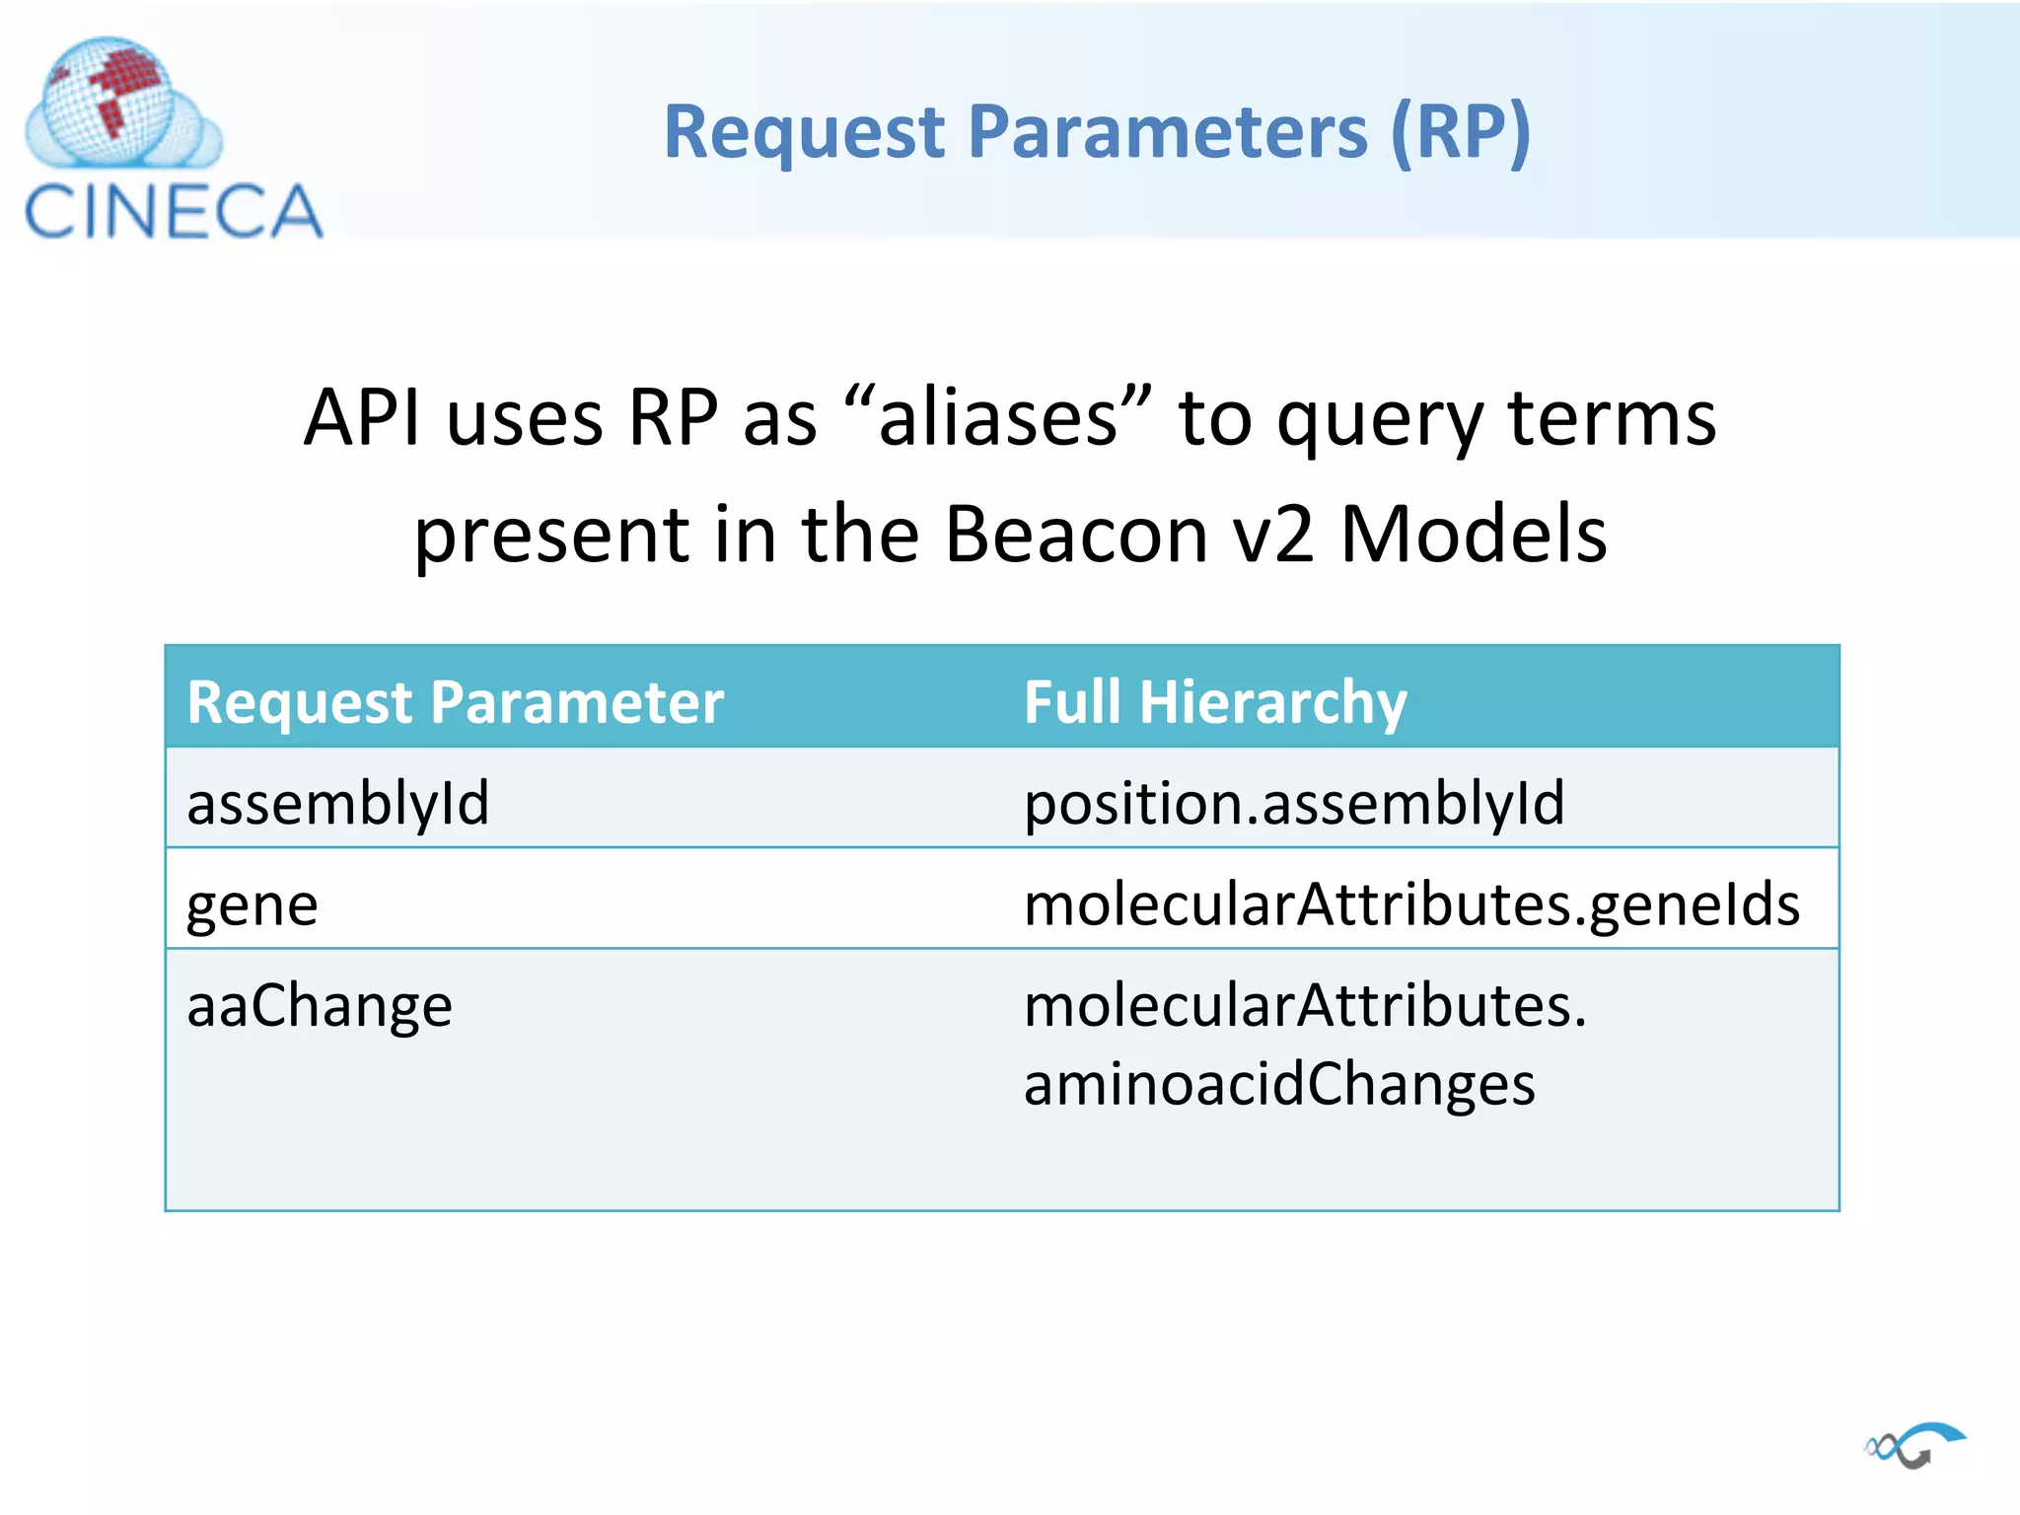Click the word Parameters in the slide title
coord(1168,132)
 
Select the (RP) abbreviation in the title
coord(1460,132)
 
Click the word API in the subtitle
coord(362,418)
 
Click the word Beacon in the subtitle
coord(1076,535)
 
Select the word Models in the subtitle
coord(1474,535)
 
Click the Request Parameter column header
coord(456,702)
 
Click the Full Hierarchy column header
coord(1215,702)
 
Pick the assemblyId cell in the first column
coord(338,802)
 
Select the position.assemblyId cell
coord(1294,802)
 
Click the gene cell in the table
coord(252,904)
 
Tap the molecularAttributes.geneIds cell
coord(1411,904)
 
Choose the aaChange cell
coord(320,1006)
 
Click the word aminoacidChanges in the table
coord(1279,1083)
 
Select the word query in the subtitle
coord(1380,418)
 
